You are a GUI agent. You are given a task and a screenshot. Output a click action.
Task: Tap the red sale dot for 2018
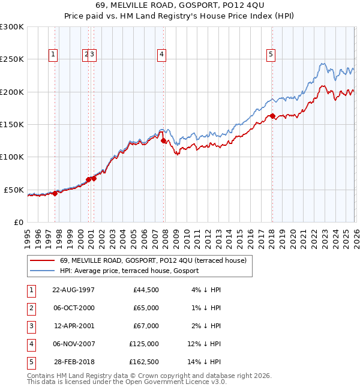pos(272,116)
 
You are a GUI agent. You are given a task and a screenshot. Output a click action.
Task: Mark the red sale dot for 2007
pos(164,140)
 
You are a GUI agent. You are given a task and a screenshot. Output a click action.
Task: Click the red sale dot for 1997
pos(55,193)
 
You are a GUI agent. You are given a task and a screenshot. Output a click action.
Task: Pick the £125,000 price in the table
pos(144,344)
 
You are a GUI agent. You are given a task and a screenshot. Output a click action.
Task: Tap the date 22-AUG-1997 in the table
pos(74,290)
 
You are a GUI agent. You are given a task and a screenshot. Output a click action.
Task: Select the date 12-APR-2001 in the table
pos(74,326)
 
